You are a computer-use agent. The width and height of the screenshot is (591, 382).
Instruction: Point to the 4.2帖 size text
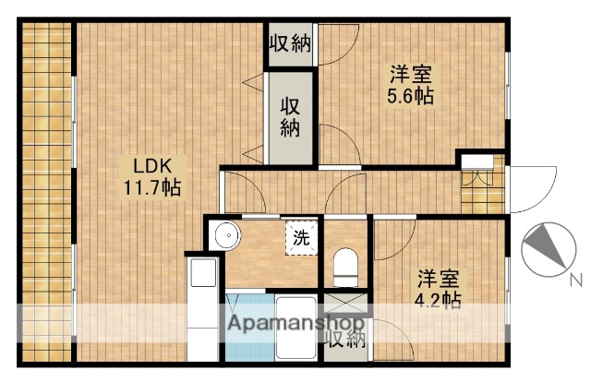(438, 300)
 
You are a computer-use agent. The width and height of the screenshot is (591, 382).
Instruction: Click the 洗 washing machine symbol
(302, 236)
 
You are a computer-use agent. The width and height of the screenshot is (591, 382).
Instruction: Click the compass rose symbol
(544, 250)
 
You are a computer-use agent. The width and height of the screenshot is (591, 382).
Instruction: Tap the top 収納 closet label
(290, 42)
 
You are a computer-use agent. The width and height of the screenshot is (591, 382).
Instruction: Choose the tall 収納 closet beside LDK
(290, 116)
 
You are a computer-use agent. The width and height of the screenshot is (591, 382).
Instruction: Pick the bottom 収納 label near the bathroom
(344, 339)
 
